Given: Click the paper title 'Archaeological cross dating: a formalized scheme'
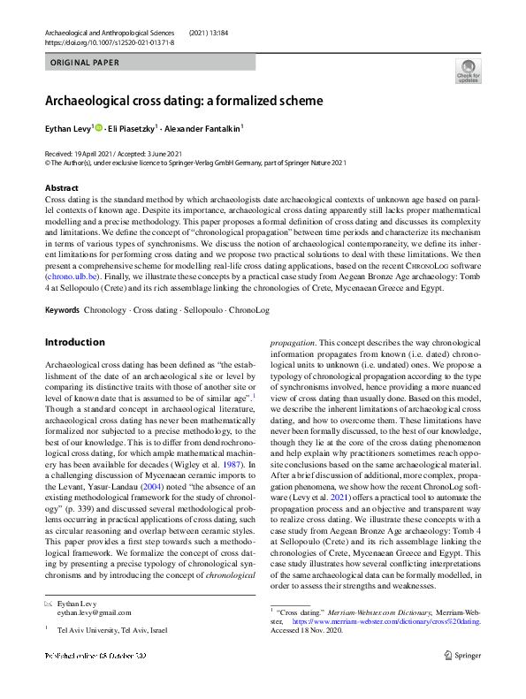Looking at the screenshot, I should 184,101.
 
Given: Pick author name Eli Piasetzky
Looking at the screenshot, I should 130,128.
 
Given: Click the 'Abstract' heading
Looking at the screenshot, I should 61,188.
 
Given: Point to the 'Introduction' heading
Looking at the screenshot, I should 74,342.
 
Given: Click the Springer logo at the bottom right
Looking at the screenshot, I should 464,655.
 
